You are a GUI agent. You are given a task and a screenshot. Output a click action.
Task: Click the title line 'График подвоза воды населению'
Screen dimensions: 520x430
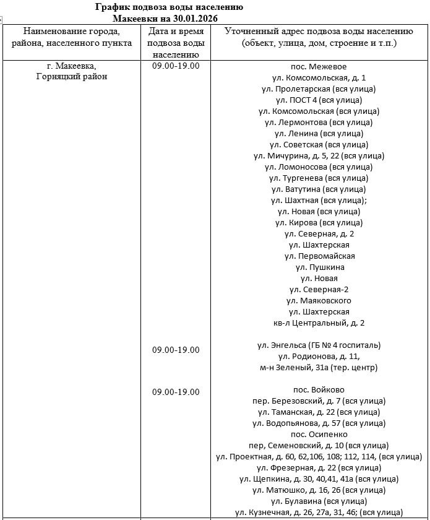169,7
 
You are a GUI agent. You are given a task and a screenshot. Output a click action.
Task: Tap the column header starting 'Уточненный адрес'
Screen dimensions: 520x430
319,37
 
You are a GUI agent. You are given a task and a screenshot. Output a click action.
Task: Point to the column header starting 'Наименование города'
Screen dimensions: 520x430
72,37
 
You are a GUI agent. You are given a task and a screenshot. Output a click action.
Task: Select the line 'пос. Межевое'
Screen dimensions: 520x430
319,66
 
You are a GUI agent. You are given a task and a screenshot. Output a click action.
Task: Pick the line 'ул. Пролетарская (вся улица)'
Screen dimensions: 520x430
319,89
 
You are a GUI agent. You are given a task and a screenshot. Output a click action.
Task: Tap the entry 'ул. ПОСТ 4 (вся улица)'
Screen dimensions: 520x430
319,100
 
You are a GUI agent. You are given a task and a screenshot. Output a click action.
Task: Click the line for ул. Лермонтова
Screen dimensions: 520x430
319,122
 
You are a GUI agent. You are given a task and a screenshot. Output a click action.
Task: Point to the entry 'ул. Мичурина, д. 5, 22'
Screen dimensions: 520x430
319,155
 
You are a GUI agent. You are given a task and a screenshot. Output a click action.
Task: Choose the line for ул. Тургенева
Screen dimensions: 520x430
319,178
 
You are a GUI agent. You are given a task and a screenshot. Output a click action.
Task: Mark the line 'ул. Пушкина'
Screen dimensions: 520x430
319,267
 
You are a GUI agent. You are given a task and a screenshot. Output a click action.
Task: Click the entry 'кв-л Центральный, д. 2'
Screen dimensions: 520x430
319,323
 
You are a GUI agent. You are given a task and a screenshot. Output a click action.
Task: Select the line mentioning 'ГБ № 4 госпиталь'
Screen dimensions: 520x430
319,345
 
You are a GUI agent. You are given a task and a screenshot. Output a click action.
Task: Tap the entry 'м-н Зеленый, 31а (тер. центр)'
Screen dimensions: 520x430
319,367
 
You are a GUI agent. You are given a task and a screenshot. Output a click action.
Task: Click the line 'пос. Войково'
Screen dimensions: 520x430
319,389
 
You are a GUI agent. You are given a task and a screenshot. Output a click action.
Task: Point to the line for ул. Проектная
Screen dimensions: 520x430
319,456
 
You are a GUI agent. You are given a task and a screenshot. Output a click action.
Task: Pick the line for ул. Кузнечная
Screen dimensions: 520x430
319,512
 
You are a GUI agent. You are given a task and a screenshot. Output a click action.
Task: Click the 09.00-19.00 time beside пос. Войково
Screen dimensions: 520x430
176,392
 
